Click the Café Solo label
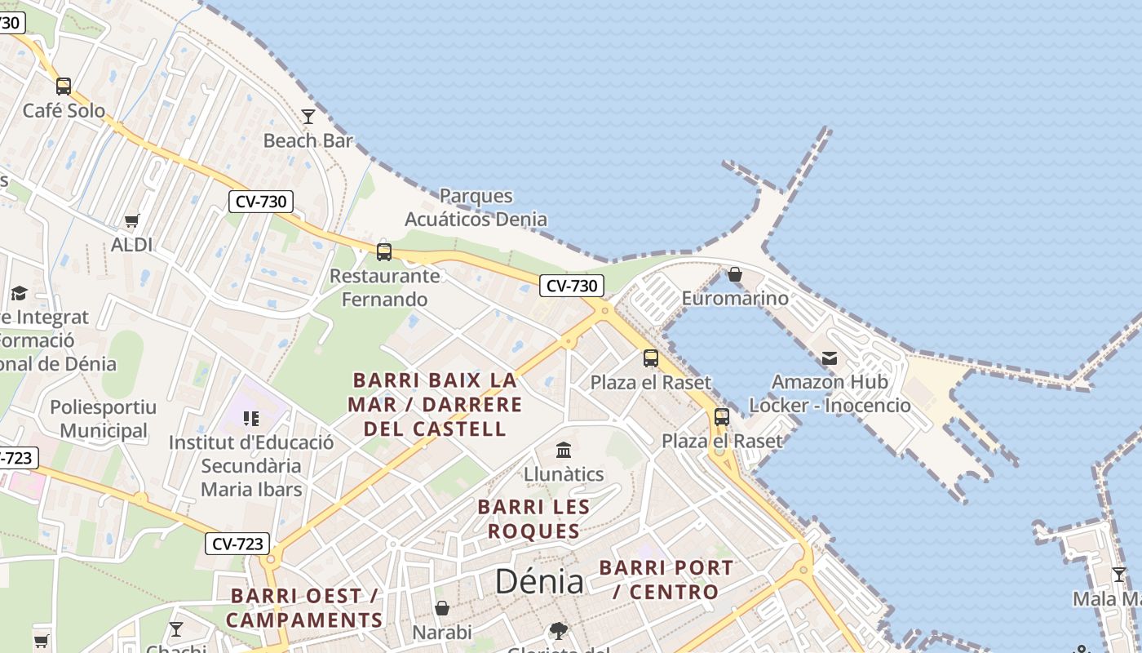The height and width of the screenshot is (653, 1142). point(64,110)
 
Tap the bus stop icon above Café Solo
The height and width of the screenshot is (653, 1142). point(64,86)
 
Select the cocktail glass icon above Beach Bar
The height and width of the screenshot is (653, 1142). point(308,117)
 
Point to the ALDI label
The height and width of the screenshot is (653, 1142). point(132,244)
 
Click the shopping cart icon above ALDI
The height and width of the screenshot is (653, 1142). point(132,220)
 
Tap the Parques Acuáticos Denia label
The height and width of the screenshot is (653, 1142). point(476,207)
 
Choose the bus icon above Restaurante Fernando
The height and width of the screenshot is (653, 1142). point(384,251)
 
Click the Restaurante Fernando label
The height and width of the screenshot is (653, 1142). point(384,287)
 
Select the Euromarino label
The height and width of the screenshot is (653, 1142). point(735,298)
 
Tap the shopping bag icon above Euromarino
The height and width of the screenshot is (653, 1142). point(735,274)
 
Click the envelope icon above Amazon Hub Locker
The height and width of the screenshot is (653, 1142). point(830,358)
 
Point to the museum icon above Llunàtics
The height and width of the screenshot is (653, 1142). point(564,450)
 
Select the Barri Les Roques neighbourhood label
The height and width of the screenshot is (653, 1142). point(533,519)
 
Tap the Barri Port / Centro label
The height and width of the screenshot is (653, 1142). point(666,580)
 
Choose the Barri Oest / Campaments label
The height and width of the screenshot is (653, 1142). point(304,608)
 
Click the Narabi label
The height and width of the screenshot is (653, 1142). point(442,633)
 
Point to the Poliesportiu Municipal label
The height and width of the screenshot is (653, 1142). point(104,419)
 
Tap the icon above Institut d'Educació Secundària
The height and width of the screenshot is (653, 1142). point(251,419)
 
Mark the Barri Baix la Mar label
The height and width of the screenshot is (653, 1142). point(435,404)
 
